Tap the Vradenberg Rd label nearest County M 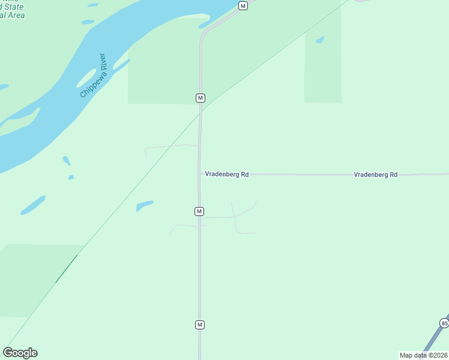click(226, 174)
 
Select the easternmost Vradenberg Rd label click(375, 175)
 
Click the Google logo click(20, 353)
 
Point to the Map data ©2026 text click(423, 355)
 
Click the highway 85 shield click(444, 323)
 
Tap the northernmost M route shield click(243, 5)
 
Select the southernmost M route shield click(200, 325)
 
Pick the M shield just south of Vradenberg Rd click(199, 211)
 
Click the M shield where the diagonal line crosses click(200, 98)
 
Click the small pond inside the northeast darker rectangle click(319, 40)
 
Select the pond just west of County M click(145, 206)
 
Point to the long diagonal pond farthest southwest click(33, 205)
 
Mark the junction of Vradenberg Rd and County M click(200, 174)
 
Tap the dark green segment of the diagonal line click(67, 268)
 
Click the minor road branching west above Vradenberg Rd click(171, 146)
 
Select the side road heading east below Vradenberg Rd click(222, 217)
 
